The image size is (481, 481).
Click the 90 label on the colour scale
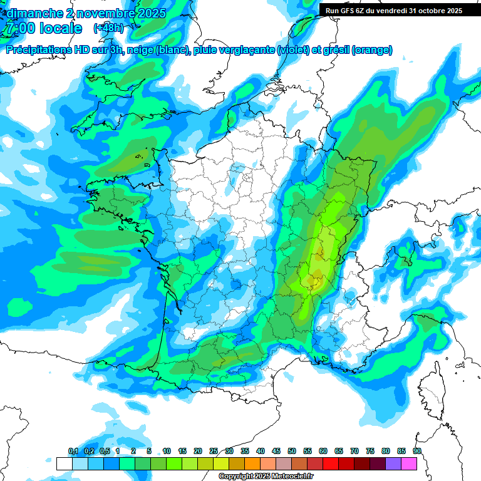coord(416,451)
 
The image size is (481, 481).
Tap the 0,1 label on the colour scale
coord(73,451)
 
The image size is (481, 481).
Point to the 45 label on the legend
coord(276,451)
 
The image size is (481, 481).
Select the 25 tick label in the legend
coord(214,451)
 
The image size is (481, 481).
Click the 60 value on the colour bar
coord(323,451)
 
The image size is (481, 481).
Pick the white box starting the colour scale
coord(64,463)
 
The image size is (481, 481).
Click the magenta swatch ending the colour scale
coord(409,463)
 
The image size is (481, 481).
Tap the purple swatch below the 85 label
coord(393,463)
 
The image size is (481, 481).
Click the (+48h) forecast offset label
coord(108,28)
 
